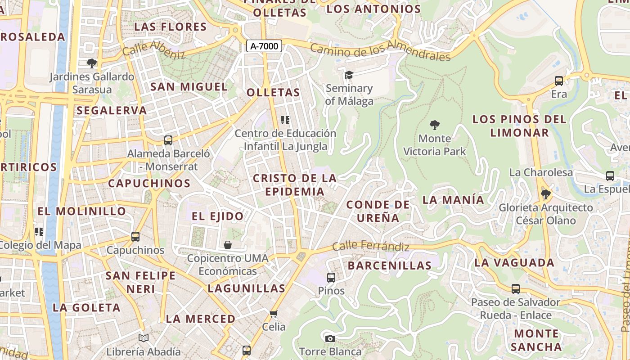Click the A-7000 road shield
264,46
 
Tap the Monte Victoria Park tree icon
434,125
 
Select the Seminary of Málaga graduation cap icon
349,75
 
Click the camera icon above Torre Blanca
330,338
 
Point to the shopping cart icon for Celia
274,313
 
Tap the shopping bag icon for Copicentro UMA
228,245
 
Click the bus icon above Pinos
331,277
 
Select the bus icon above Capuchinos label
135,236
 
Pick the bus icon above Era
559,81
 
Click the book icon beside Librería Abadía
144,338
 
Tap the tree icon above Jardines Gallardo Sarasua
92,63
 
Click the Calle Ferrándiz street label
371,247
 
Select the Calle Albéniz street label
154,49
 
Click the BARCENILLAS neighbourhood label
390,265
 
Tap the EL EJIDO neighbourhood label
217,216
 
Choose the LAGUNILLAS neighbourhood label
247,288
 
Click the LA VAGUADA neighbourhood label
514,262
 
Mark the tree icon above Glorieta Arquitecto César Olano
545,194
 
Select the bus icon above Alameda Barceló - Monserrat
168,140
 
